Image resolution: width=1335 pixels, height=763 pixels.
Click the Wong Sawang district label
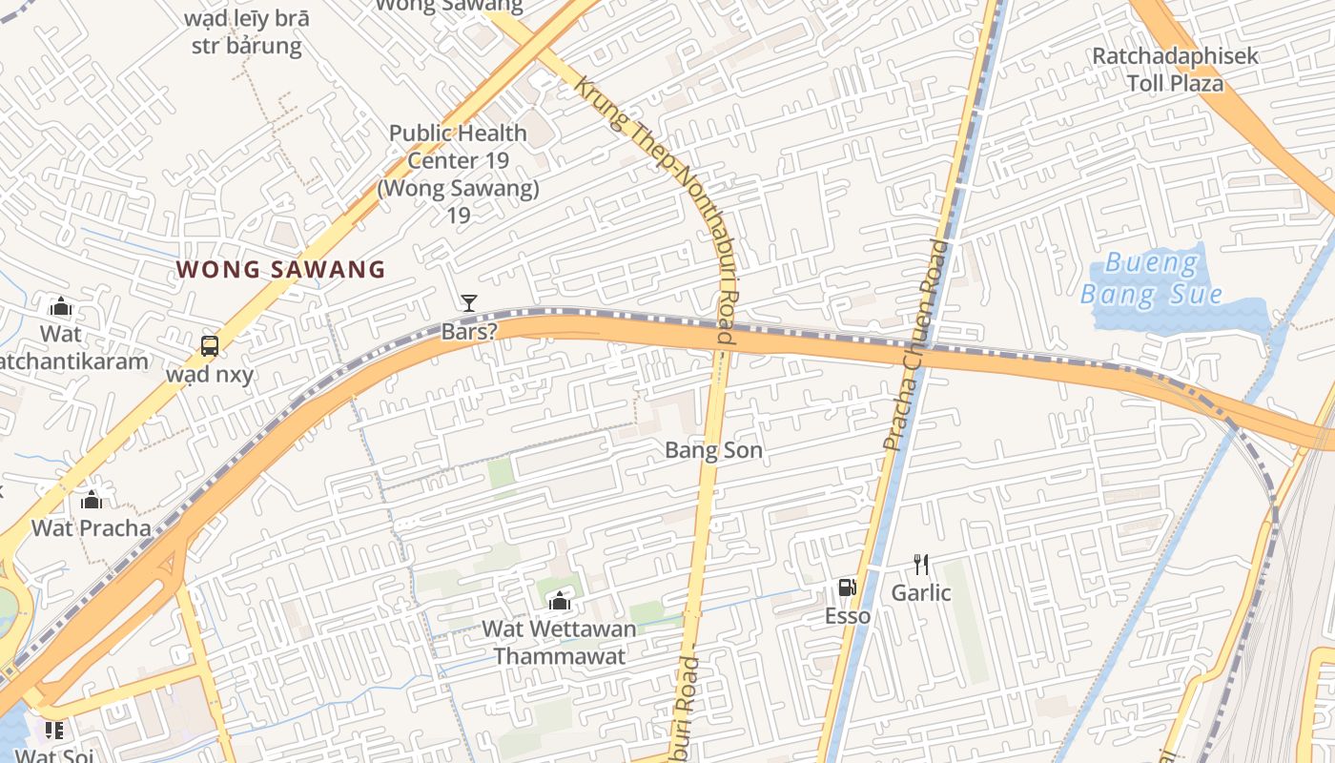[x=281, y=270]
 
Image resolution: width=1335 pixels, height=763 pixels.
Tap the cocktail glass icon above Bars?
[x=468, y=303]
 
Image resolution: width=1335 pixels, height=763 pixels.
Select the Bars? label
[x=469, y=332]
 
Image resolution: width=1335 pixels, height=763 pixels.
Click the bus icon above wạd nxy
[x=210, y=346]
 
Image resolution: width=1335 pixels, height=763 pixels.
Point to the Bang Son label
[x=713, y=450]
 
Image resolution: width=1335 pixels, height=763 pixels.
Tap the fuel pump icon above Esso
[x=847, y=588]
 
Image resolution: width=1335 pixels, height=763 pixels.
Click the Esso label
[x=847, y=616]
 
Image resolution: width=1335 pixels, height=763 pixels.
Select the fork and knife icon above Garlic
[x=920, y=565]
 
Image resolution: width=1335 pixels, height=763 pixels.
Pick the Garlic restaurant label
[x=920, y=593]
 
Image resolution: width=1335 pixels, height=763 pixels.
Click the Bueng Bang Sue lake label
[x=1151, y=278]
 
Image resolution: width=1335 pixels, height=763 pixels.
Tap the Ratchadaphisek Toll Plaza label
[x=1175, y=70]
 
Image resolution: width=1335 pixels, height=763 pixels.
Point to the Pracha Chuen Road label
[x=914, y=345]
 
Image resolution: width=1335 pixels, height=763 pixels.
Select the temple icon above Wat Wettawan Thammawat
[x=560, y=601]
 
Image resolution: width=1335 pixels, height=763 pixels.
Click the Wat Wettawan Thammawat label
[x=560, y=643]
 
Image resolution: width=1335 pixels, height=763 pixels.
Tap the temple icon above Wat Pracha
[x=92, y=500]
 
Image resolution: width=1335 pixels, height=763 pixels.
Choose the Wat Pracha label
[x=92, y=528]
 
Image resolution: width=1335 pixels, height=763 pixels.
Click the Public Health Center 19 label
[x=458, y=174]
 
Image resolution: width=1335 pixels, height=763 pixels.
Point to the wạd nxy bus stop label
[x=210, y=374]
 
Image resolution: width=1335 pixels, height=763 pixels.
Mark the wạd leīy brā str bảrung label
[x=247, y=31]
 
